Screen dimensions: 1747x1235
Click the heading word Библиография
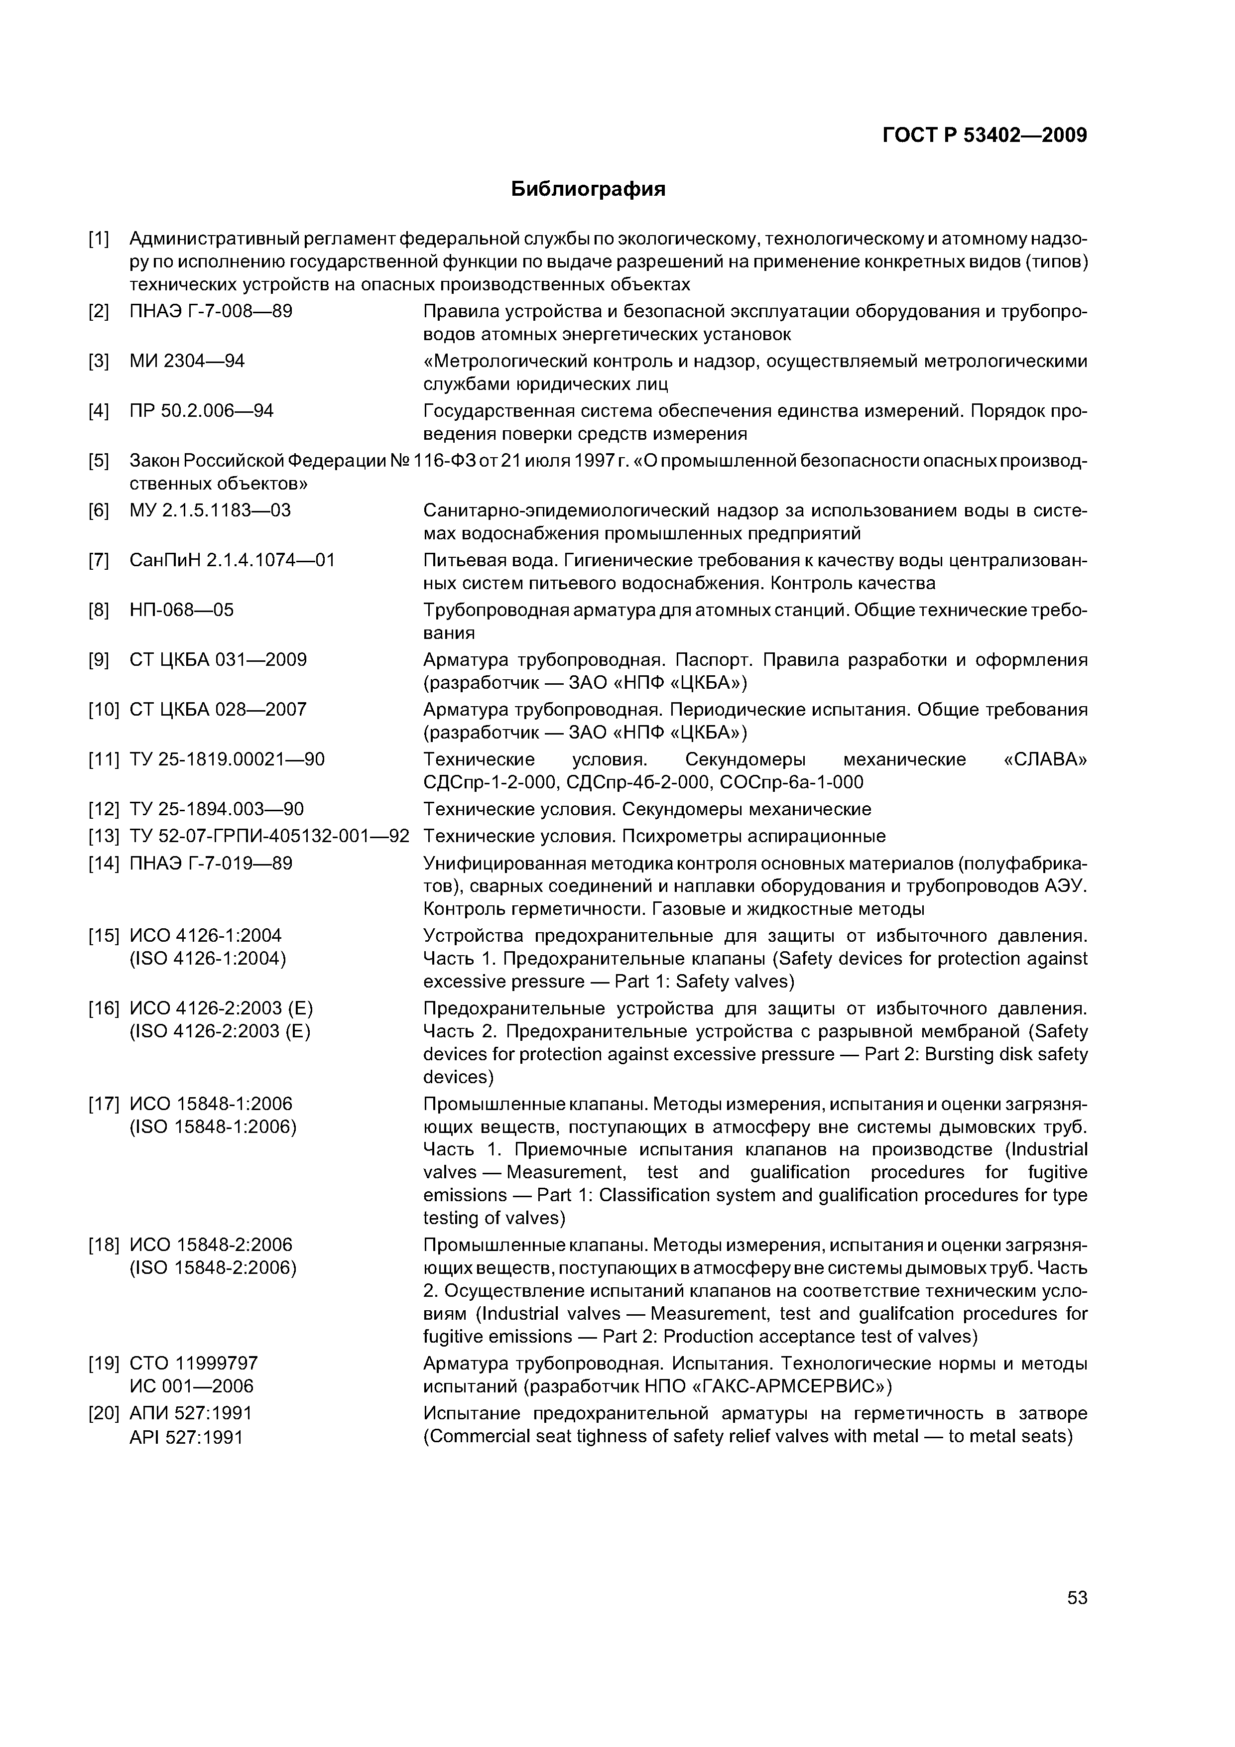coord(588,189)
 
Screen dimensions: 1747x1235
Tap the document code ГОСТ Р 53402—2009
coord(985,136)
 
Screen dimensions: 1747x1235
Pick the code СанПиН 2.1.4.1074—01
coord(232,561)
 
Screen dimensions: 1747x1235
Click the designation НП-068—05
coord(182,610)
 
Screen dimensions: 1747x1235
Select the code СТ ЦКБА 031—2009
coord(219,660)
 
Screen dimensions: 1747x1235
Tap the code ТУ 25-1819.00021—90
coord(228,759)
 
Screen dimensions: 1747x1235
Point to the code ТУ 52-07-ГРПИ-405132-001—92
coord(269,836)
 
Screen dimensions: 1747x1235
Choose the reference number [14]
coord(104,863)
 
